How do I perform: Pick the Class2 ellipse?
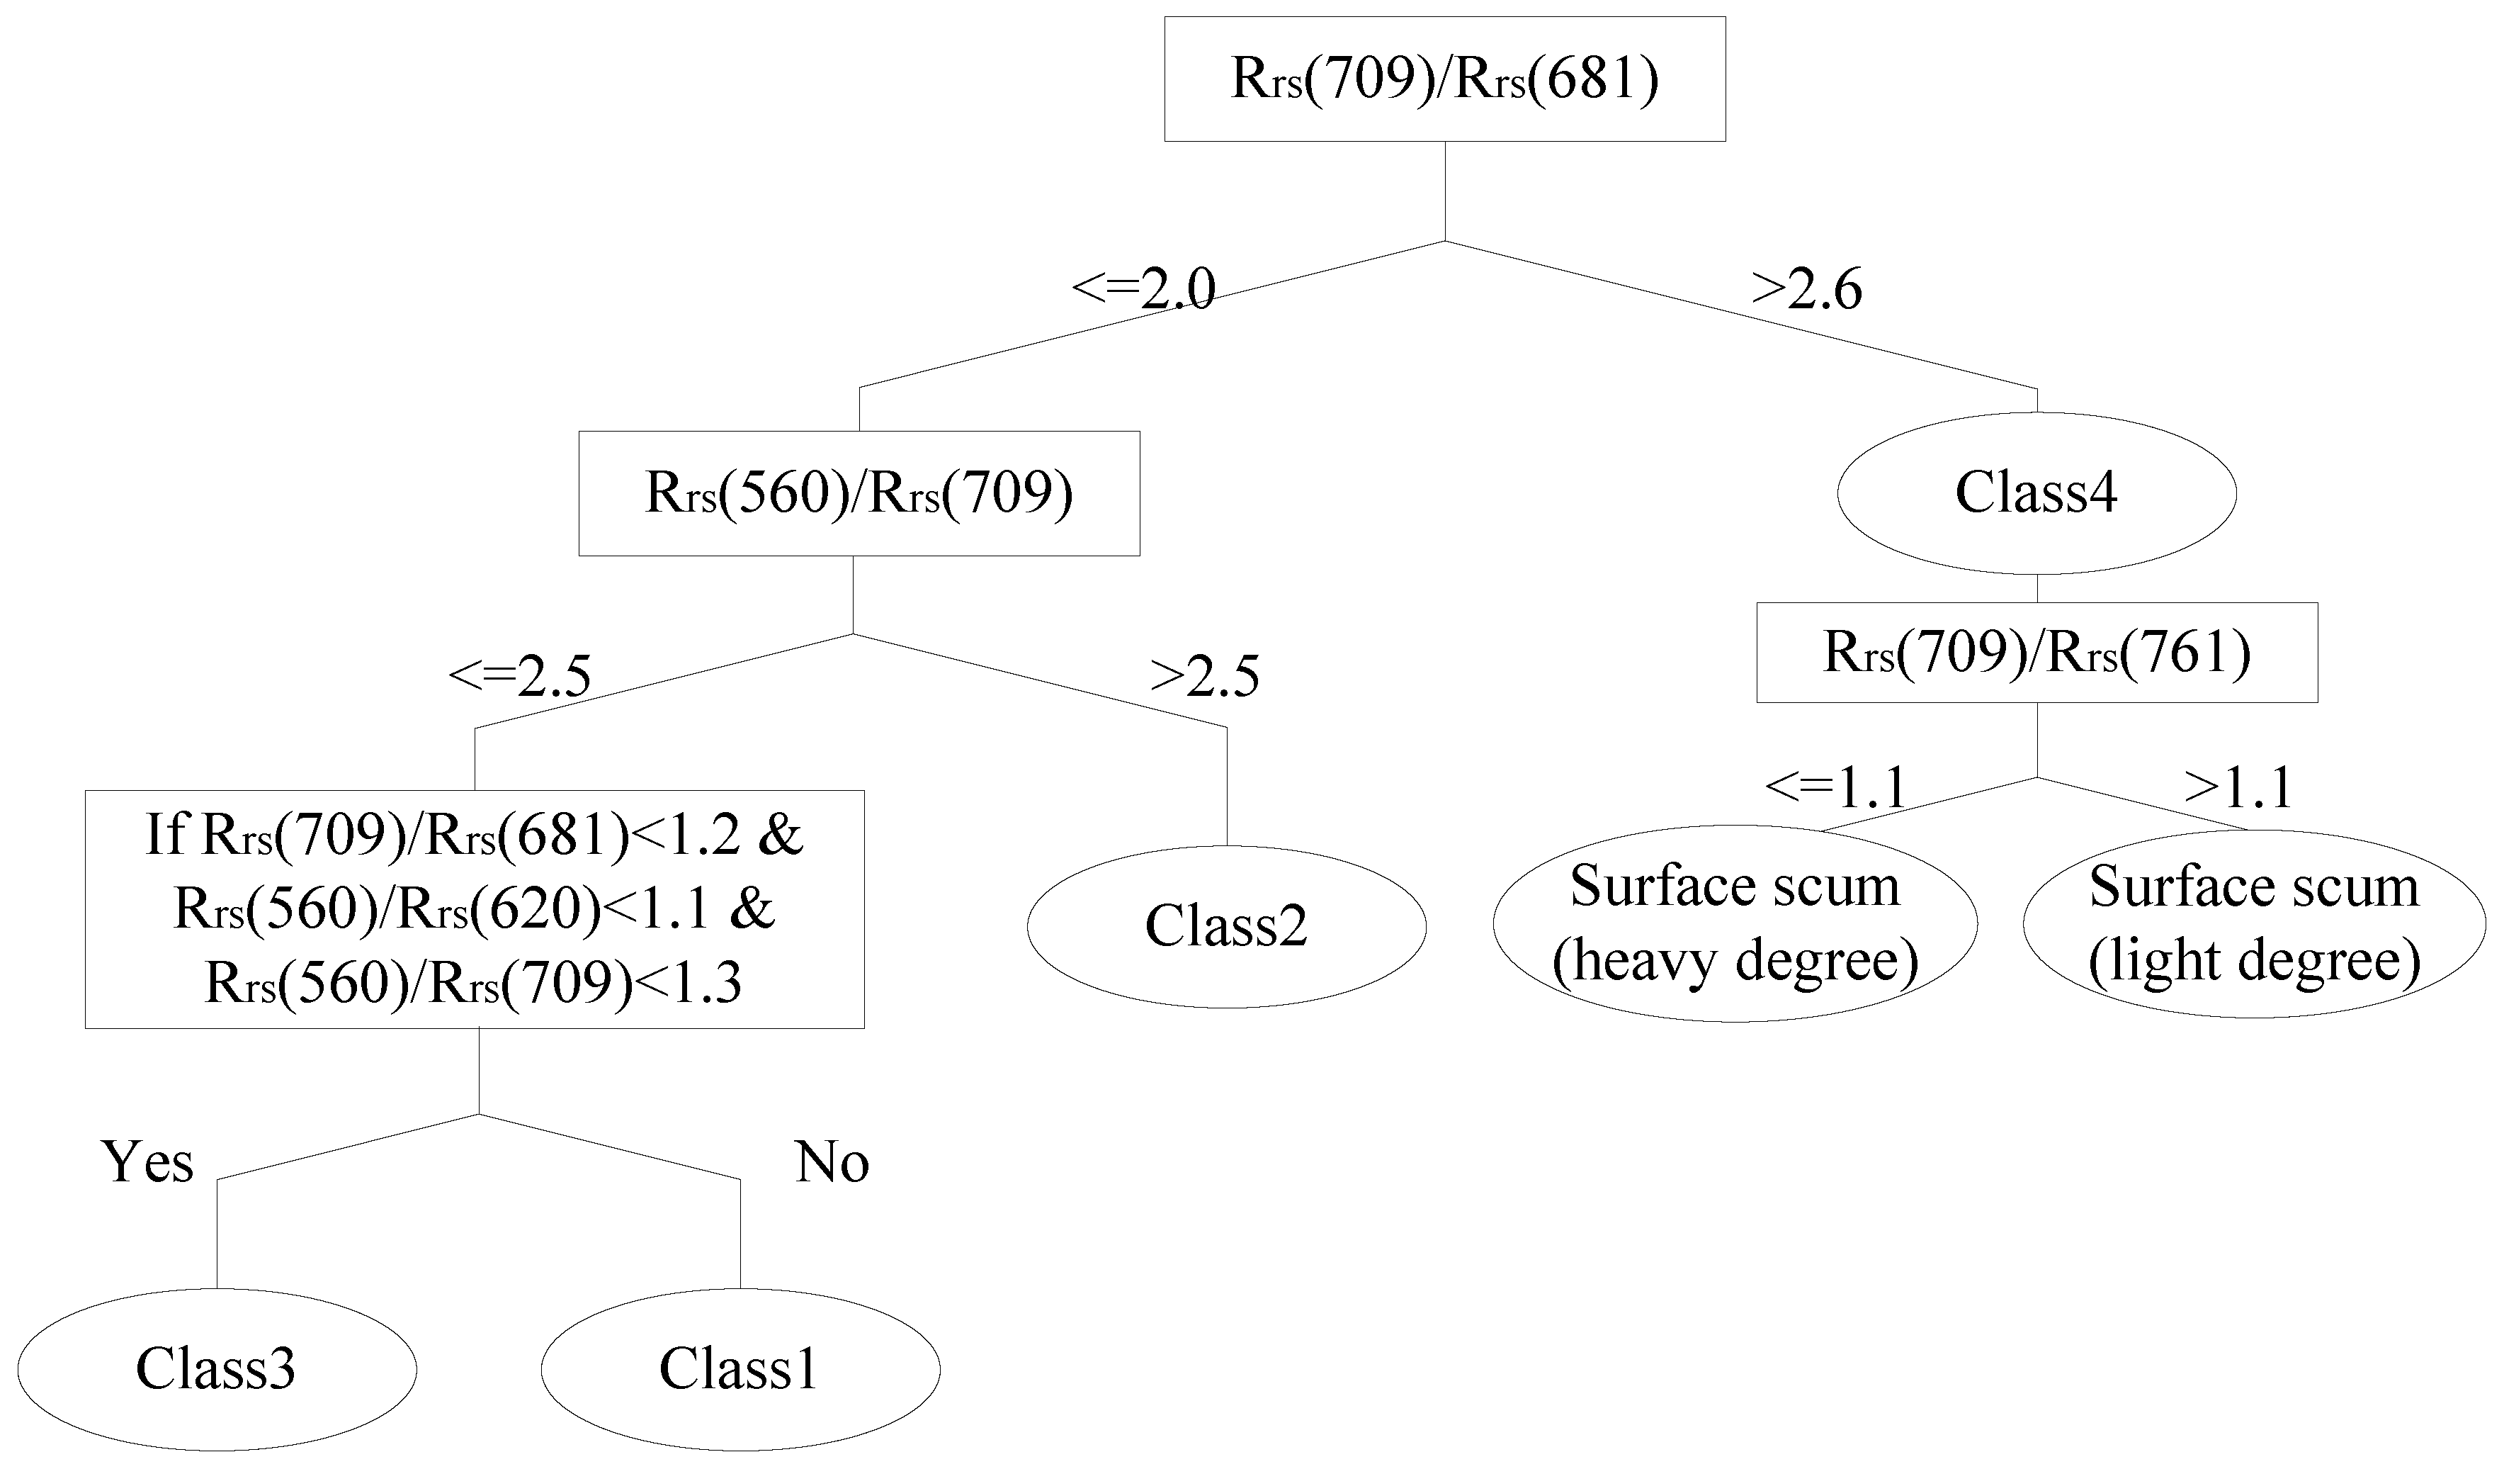(1225, 925)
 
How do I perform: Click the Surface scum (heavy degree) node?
(1734, 923)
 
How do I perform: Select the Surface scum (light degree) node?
(2254, 923)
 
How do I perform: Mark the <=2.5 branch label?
(520, 677)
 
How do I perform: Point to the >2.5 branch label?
(1204, 677)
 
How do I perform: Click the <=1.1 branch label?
(1835, 788)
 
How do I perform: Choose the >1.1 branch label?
(2238, 788)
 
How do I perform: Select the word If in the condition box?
(165, 834)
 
